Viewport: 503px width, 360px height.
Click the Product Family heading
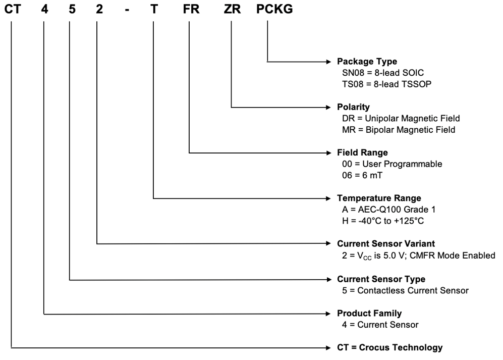click(x=369, y=314)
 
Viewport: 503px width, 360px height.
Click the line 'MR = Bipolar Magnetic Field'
click(x=399, y=130)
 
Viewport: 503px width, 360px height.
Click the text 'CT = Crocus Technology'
click(x=389, y=347)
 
